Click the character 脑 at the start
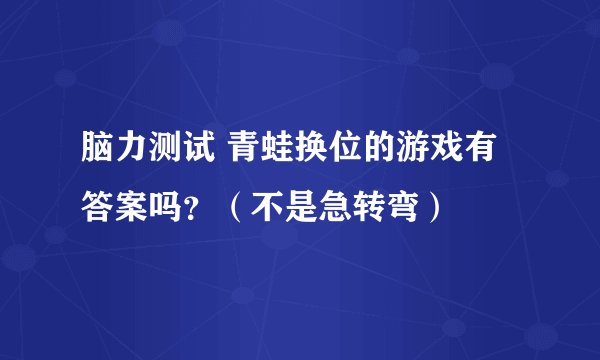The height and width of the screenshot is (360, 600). (98, 155)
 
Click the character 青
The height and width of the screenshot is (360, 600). (244, 155)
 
